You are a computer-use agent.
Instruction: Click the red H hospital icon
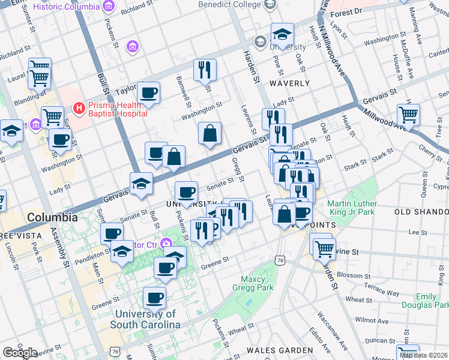tap(78, 109)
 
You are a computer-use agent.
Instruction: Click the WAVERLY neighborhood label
tap(289, 83)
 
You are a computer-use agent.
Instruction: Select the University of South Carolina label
tap(145, 319)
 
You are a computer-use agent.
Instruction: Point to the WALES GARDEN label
tap(280, 350)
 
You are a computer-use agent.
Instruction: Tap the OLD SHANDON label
tap(421, 212)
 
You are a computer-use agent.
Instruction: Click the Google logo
tap(20, 353)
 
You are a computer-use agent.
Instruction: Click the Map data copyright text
tap(424, 355)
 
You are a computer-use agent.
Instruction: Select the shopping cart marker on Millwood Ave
tap(408, 114)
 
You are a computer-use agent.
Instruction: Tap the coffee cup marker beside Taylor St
tap(148, 93)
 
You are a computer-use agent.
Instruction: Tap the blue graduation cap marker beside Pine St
tap(282, 34)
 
